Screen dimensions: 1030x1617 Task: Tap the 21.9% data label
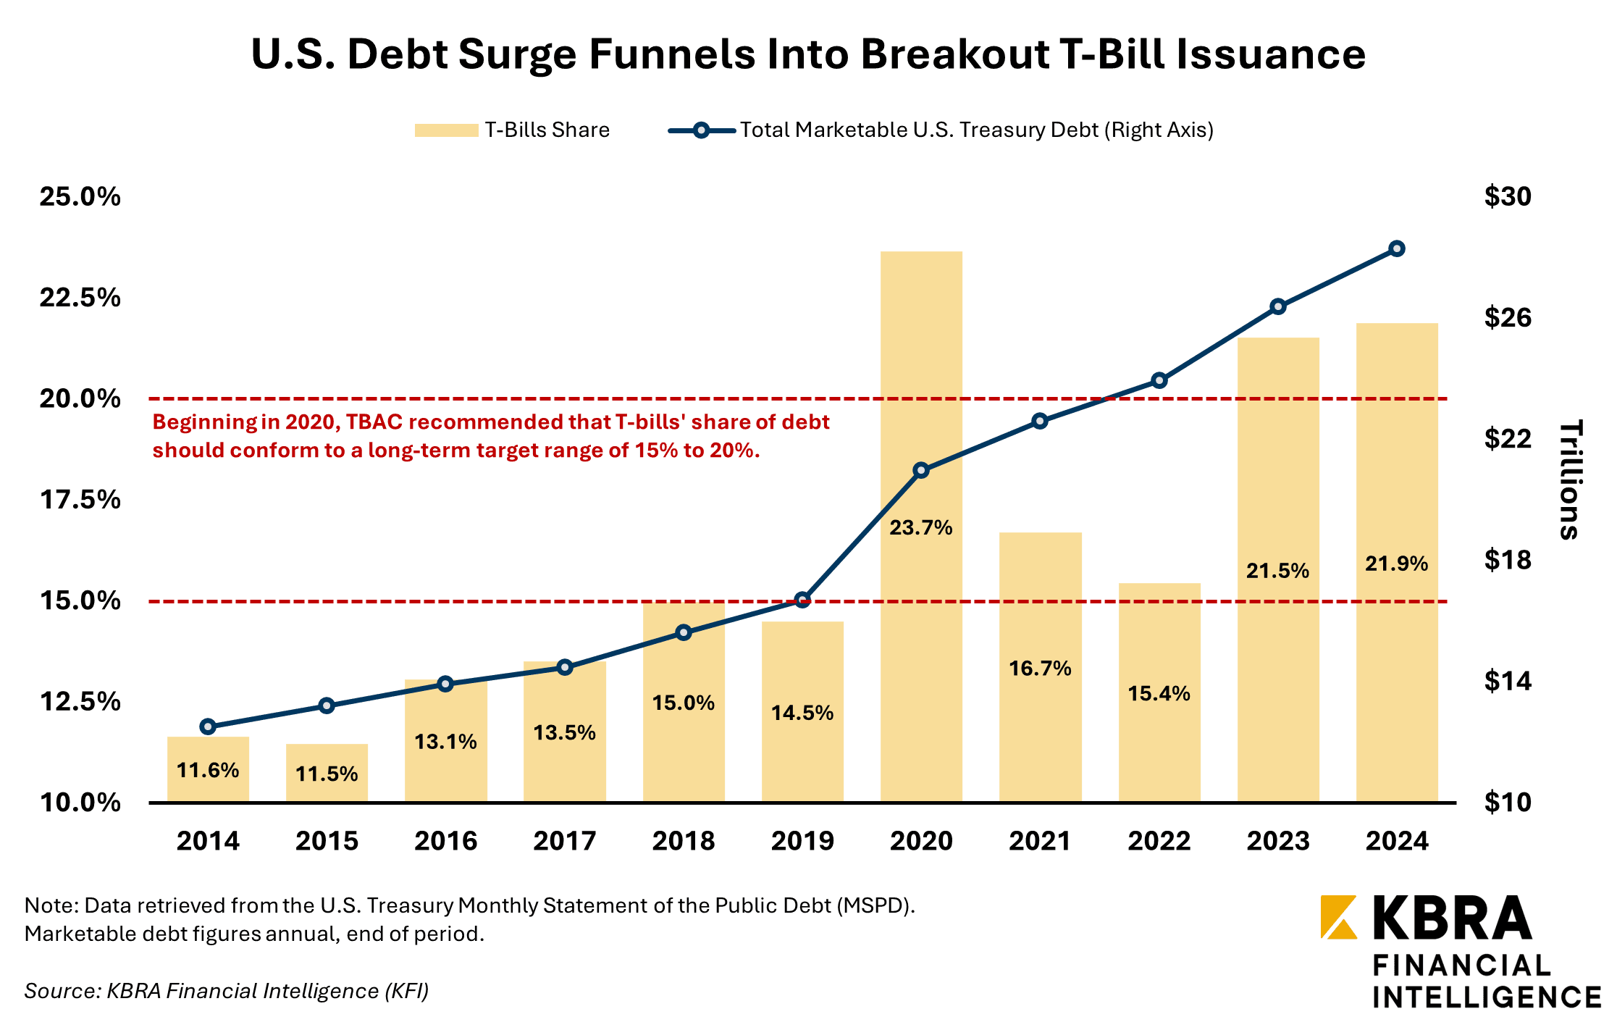(1396, 564)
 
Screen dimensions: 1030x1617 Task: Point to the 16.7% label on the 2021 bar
(1040, 668)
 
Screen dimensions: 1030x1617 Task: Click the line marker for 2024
(1397, 249)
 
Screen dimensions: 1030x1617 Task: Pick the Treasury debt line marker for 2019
(802, 600)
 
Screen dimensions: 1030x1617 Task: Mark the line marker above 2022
(1159, 380)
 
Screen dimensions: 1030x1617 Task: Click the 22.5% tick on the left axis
(80, 298)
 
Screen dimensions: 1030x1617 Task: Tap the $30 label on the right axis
(1508, 196)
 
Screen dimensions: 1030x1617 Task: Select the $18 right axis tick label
(1508, 560)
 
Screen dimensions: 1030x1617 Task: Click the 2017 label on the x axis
(565, 841)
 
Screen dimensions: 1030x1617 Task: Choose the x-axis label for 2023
(1278, 841)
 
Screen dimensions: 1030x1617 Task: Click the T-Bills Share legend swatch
(446, 130)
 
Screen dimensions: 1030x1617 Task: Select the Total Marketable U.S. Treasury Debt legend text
(976, 130)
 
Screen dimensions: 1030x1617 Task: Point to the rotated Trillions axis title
(1570, 480)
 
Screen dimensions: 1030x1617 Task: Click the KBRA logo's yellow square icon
(1339, 918)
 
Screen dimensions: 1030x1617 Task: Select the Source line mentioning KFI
(227, 991)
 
